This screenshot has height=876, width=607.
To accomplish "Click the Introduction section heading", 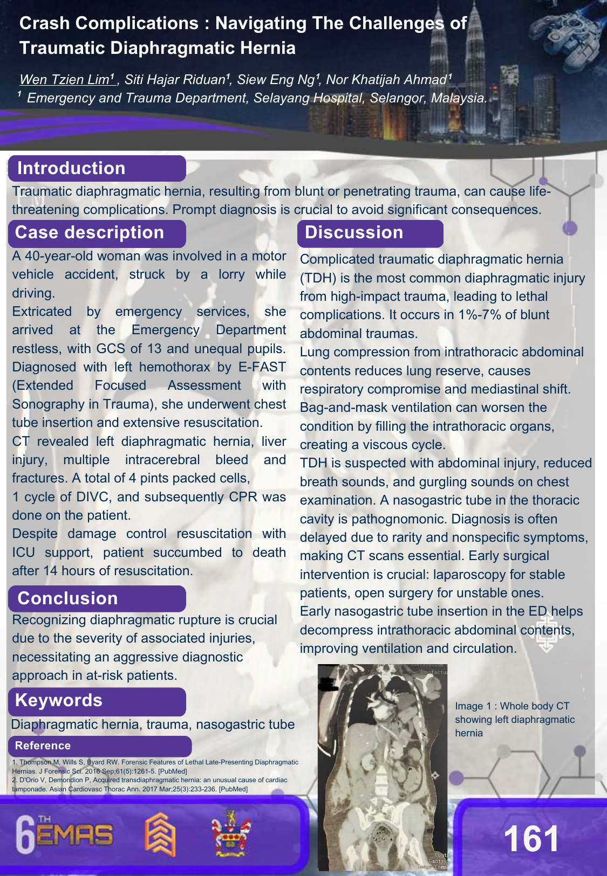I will (71, 168).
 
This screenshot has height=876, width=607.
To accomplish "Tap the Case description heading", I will (90, 232).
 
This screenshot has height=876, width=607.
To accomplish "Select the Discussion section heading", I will (354, 232).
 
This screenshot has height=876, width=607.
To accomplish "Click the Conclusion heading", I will (67, 598).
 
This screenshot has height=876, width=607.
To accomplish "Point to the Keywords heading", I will (59, 700).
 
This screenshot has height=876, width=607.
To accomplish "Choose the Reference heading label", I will (43, 746).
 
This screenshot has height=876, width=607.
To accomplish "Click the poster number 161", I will (531, 839).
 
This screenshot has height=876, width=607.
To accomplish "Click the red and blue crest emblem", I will (231, 833).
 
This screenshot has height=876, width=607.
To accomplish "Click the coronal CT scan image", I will (382, 765).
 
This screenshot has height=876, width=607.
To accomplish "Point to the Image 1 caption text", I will (514, 719).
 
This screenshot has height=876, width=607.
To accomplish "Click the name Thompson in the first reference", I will (36, 762).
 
